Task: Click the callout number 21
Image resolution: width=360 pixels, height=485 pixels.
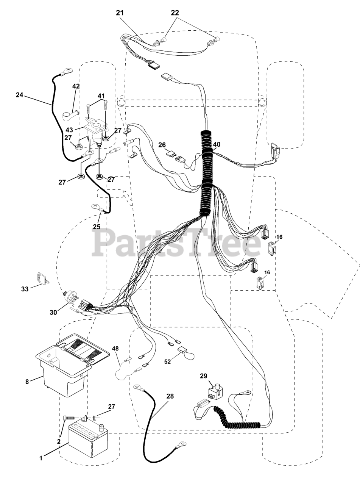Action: [120, 13]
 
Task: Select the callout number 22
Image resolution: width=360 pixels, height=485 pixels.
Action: [175, 13]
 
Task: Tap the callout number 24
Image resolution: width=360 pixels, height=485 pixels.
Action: [19, 95]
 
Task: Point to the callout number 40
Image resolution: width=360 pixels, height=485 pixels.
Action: [217, 144]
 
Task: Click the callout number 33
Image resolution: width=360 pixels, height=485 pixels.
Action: [25, 289]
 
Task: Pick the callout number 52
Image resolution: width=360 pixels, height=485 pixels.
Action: [168, 362]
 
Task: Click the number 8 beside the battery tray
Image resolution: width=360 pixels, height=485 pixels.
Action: [27, 382]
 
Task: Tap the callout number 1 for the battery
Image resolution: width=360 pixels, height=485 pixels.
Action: [41, 458]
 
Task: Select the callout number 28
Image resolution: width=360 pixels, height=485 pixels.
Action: [170, 396]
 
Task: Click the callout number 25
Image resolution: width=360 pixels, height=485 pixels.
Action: [97, 227]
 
